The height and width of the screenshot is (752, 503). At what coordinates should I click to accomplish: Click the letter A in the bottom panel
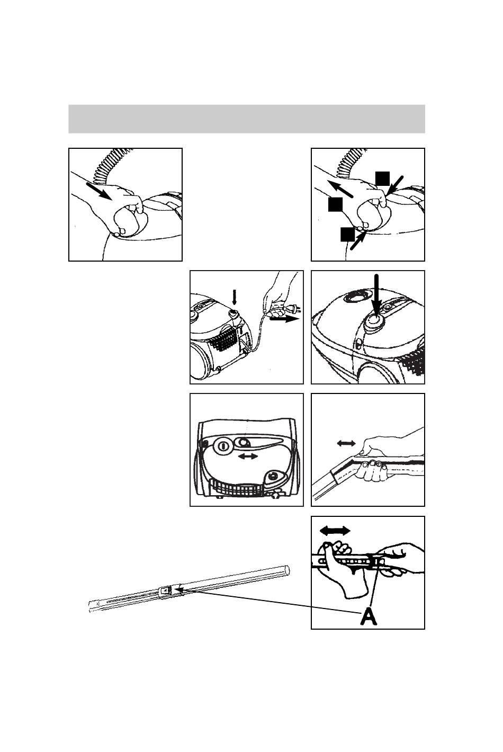pyautogui.click(x=370, y=617)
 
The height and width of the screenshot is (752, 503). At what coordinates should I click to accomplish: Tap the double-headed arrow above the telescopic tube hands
pyautogui.click(x=335, y=530)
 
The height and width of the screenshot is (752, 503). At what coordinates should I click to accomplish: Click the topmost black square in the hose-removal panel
pyautogui.click(x=383, y=178)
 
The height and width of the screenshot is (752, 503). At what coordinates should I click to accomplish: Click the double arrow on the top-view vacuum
pyautogui.click(x=247, y=456)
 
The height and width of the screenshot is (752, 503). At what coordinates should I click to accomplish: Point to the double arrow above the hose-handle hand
pyautogui.click(x=346, y=442)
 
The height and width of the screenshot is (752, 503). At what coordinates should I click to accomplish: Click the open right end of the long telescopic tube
pyautogui.click(x=286, y=570)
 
